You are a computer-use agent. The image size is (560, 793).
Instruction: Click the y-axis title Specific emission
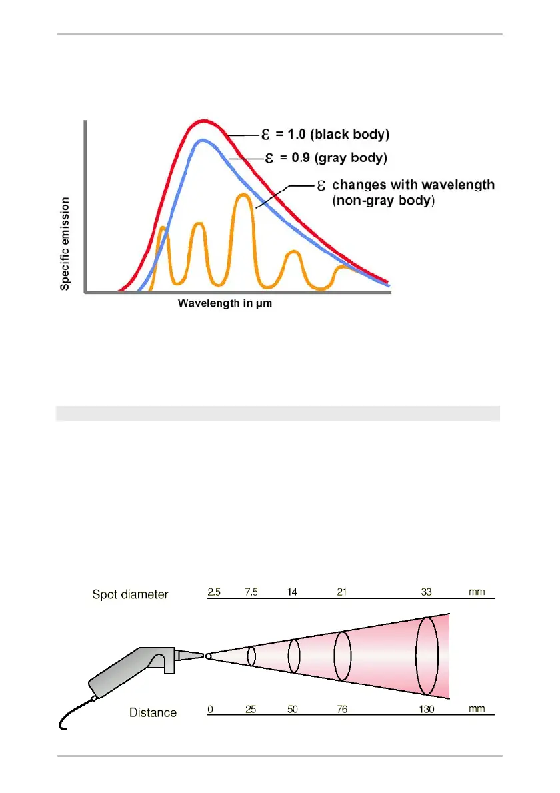(x=65, y=243)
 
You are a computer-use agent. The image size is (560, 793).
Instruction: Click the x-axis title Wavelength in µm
(x=225, y=303)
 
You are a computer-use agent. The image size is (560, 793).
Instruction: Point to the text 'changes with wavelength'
(x=413, y=185)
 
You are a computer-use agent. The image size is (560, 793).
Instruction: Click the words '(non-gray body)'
(x=383, y=199)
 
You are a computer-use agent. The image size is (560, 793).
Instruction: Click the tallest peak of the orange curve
(x=243, y=195)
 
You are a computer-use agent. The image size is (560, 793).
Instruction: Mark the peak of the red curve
(x=202, y=121)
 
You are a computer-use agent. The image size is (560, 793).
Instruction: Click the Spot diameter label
(x=130, y=594)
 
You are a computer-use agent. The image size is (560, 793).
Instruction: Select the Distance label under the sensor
(x=153, y=712)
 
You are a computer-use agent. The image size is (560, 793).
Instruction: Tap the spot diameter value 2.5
(x=215, y=592)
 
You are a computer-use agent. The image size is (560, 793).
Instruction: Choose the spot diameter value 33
(x=427, y=592)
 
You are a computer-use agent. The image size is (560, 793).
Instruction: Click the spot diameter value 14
(x=293, y=592)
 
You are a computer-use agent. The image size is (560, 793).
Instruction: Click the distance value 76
(x=341, y=710)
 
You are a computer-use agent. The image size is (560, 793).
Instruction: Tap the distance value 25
(x=251, y=710)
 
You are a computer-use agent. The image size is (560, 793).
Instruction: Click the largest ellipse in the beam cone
(x=427, y=656)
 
